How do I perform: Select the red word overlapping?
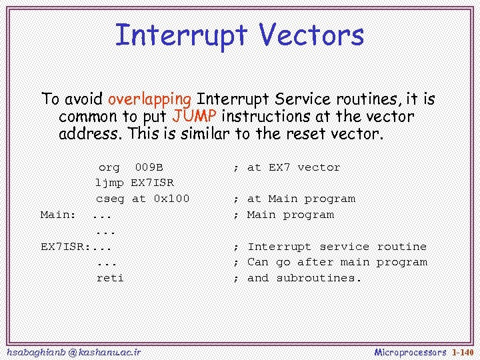pos(149,99)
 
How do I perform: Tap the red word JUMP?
pos(194,116)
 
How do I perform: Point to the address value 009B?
pos(149,167)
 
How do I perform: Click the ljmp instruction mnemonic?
pos(109,183)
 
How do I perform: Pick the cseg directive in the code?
pos(109,199)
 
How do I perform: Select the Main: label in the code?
pos(57,215)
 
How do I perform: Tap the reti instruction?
pos(109,278)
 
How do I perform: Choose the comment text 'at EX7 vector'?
pos(293,167)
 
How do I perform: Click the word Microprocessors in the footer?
pos(410,351)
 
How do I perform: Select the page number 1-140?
pos(462,351)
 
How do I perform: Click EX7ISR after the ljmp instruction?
pos(153,183)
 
